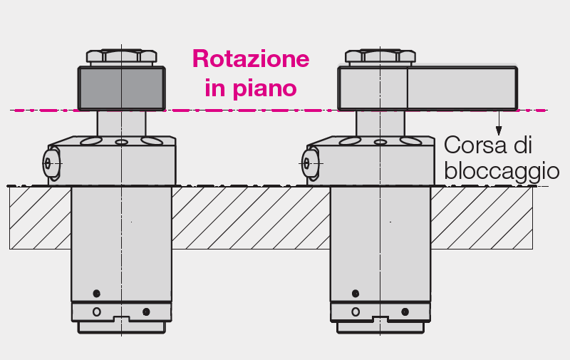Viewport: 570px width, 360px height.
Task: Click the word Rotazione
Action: [x=251, y=58]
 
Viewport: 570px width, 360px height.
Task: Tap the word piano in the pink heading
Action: [x=264, y=88]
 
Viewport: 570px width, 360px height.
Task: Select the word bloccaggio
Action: [x=502, y=171]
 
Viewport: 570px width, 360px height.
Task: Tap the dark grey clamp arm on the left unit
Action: [x=121, y=88]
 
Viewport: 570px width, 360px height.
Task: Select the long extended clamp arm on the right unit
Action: [x=427, y=88]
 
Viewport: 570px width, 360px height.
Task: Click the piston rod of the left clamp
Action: [x=121, y=123]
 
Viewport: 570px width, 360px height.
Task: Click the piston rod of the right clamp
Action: [x=380, y=123]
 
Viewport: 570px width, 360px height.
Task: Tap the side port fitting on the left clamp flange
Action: [x=51, y=163]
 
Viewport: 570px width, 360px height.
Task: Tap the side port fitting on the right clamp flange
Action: [x=310, y=163]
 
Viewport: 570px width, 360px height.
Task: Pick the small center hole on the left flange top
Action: [x=121, y=142]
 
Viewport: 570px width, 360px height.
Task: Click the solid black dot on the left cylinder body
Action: [x=96, y=293]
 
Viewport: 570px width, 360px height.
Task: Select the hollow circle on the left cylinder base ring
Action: [x=97, y=312]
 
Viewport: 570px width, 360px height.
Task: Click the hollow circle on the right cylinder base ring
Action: [x=356, y=312]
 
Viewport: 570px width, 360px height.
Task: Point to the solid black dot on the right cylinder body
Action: [x=356, y=293]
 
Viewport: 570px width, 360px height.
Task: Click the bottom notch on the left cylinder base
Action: [x=121, y=319]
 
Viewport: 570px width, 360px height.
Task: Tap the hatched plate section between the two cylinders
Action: [x=251, y=218]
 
